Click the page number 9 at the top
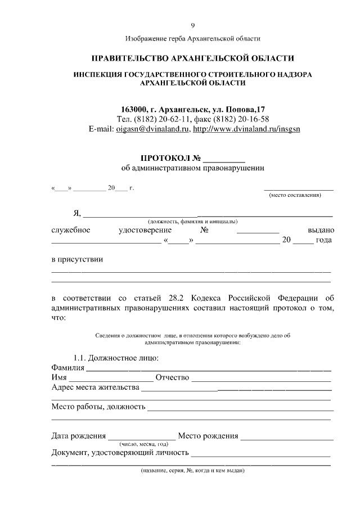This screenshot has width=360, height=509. click(x=193, y=26)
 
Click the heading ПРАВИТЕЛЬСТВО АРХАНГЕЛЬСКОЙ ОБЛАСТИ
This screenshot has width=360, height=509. click(x=193, y=58)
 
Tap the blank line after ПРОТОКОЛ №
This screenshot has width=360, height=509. click(x=224, y=159)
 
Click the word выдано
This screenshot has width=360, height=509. click(x=321, y=231)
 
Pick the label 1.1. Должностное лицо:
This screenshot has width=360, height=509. click(x=116, y=358)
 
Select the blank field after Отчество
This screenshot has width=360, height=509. click(x=261, y=379)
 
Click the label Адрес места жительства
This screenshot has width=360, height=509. click(x=95, y=388)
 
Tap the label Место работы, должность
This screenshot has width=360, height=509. click(x=98, y=407)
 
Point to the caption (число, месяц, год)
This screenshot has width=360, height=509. click(x=140, y=444)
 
